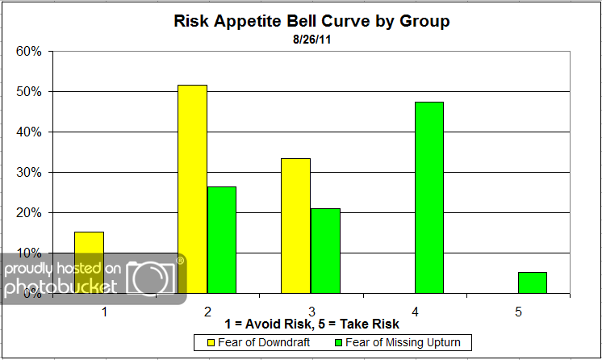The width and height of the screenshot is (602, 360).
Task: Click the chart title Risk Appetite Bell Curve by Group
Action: (311, 21)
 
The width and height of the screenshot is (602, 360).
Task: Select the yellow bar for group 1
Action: (89, 262)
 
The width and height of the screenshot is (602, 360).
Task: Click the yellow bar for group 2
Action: (192, 189)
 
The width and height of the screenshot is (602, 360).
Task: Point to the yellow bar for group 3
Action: (295, 225)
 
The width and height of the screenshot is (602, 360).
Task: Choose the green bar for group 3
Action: (324, 250)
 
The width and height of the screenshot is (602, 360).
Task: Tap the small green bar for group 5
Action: (532, 283)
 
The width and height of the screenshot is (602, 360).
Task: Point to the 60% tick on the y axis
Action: (30, 52)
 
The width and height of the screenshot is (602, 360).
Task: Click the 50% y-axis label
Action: (30, 92)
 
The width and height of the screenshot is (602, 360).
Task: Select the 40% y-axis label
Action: (30, 132)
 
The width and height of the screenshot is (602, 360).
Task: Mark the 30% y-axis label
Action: (30, 173)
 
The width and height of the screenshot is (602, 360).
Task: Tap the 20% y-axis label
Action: (30, 213)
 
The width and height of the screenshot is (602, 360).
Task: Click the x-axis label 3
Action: (311, 311)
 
